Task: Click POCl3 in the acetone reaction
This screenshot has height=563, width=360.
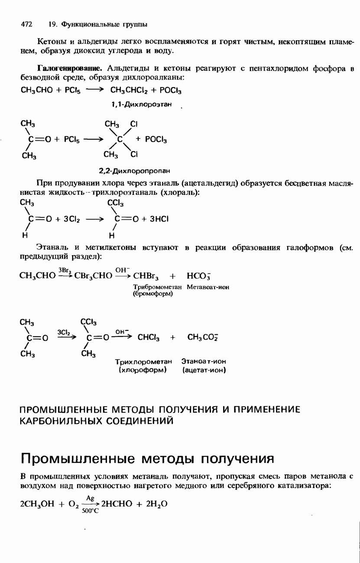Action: (156, 140)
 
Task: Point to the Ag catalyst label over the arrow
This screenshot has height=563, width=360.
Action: (90, 498)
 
